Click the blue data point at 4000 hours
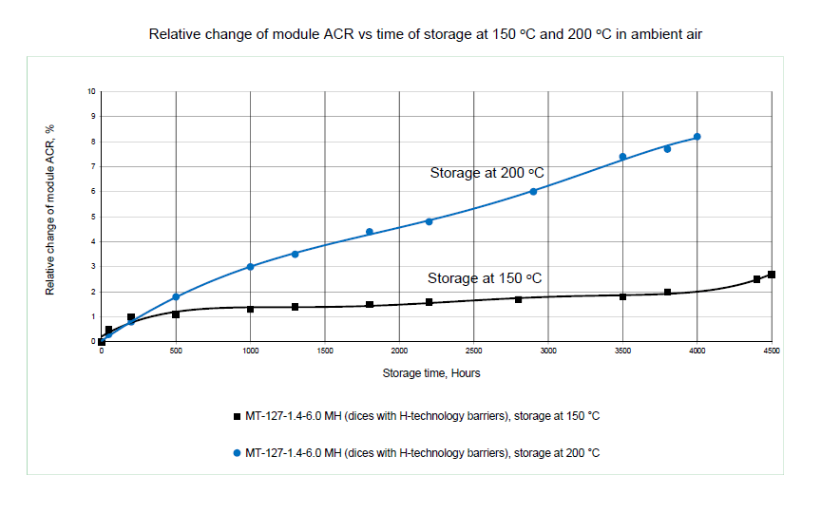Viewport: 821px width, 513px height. point(697,137)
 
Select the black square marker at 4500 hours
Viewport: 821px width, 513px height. point(772,275)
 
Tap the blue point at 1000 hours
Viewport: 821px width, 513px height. point(250,267)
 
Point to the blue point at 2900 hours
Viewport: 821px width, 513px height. point(533,192)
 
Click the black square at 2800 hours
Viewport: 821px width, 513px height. point(518,299)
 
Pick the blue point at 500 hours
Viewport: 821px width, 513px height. point(176,297)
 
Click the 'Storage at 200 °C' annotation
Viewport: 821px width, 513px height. point(487,173)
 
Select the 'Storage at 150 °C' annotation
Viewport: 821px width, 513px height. point(485,278)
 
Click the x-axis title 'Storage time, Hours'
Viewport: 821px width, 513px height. point(431,373)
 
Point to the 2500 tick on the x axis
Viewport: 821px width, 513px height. point(474,351)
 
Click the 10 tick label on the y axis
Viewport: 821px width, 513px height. point(92,92)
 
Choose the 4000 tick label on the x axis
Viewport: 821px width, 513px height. point(697,351)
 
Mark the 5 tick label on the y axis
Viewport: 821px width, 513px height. point(93,217)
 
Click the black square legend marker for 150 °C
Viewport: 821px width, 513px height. point(237,416)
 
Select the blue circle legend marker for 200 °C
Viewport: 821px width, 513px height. point(237,453)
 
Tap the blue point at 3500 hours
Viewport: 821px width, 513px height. point(622,157)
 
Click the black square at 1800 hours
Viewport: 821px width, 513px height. point(370,305)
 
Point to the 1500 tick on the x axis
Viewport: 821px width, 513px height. point(325,351)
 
